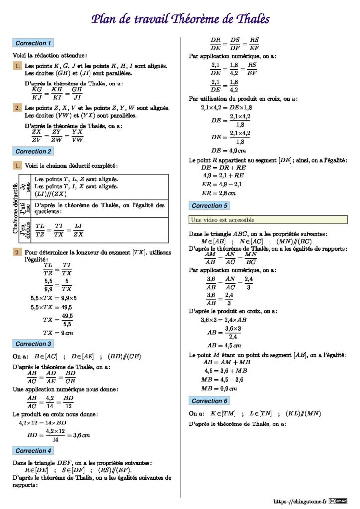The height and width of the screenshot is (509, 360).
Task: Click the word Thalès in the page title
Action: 247,19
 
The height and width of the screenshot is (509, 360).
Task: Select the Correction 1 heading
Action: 33,43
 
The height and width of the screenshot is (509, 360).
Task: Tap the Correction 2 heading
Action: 33,151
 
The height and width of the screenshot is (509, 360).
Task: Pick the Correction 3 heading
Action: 33,344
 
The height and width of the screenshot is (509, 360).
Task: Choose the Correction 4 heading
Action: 33,451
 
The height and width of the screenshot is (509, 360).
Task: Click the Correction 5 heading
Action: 210,205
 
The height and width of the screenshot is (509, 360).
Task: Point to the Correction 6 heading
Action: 210,401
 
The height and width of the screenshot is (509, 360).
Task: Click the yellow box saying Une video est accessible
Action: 268,220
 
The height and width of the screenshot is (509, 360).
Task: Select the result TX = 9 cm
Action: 58,333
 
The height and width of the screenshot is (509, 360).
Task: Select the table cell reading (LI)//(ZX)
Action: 50,194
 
